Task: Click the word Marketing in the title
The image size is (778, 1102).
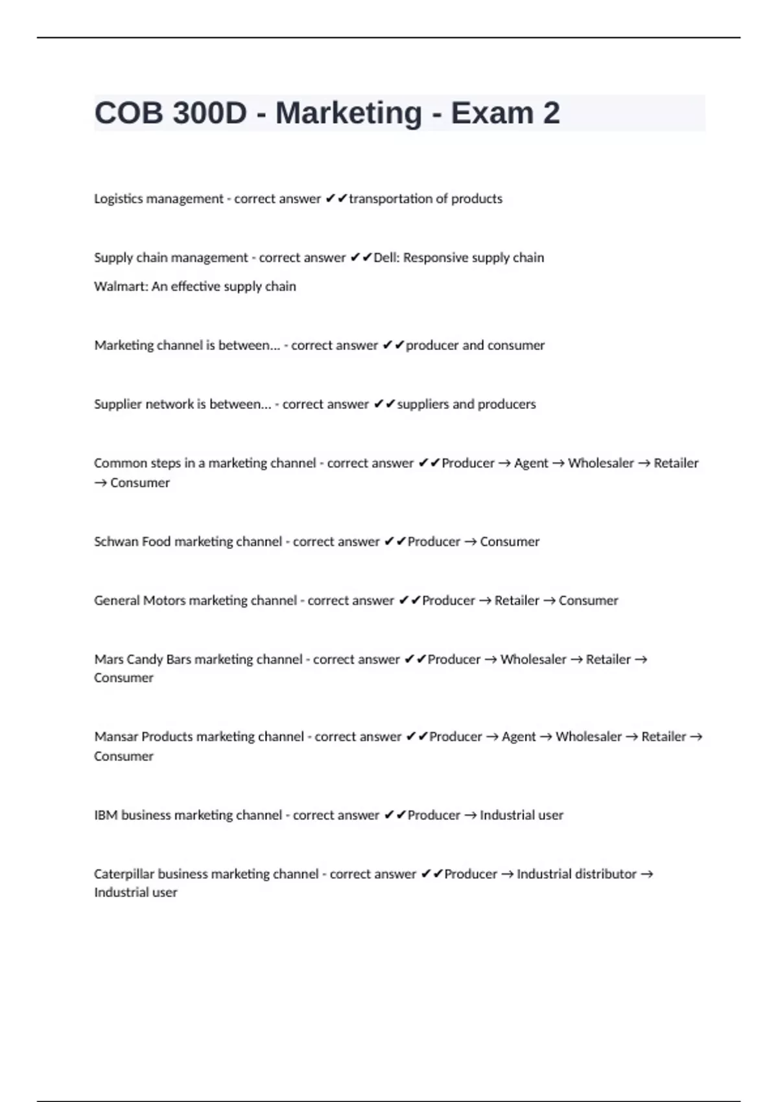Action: [349, 113]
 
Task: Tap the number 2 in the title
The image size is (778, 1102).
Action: [551, 113]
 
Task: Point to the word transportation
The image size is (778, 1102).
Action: [388, 199]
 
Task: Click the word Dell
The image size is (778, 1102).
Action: [386, 258]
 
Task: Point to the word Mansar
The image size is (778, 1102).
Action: [115, 737]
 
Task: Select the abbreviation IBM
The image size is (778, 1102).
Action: [106, 815]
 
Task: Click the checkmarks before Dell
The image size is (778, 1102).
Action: [360, 258]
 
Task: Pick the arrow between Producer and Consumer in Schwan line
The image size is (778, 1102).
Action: [470, 542]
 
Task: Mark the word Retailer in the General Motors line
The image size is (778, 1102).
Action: [517, 601]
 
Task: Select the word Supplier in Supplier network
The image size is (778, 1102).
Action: [117, 404]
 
